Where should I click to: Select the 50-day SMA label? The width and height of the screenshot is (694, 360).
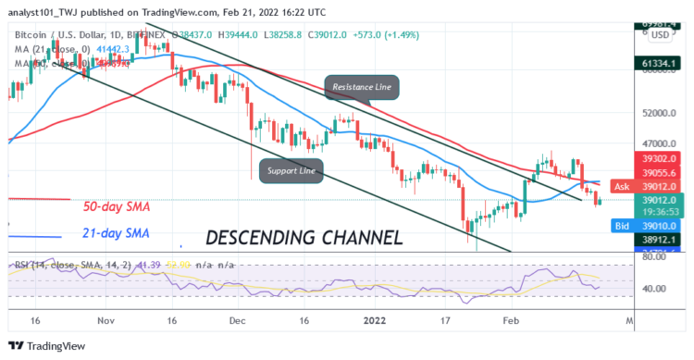pyautogui.click(x=118, y=205)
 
